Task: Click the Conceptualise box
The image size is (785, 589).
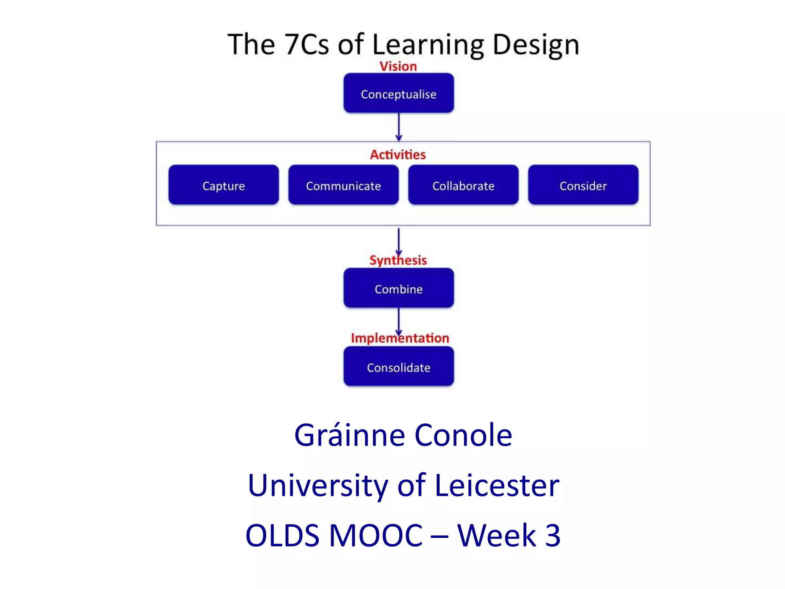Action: [399, 93]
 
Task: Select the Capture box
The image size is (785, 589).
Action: [223, 185]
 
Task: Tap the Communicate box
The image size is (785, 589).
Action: [343, 185]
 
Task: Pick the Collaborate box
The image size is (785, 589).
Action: [463, 185]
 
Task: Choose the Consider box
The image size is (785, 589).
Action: [583, 185]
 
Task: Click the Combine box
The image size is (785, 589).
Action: [399, 288]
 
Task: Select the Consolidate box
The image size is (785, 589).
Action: [399, 367]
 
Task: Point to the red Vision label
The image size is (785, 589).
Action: [398, 66]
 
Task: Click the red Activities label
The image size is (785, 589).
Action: [398, 155]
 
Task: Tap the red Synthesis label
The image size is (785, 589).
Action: [398, 260]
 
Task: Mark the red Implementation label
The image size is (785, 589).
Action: [400, 338]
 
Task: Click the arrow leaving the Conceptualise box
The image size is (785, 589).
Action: [399, 127]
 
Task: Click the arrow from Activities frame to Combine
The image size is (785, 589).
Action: [399, 241]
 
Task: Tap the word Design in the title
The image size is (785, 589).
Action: [535, 45]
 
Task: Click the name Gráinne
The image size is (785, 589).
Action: [349, 436]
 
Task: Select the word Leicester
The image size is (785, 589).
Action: [497, 485]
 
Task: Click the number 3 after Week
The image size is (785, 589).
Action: [552, 535]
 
